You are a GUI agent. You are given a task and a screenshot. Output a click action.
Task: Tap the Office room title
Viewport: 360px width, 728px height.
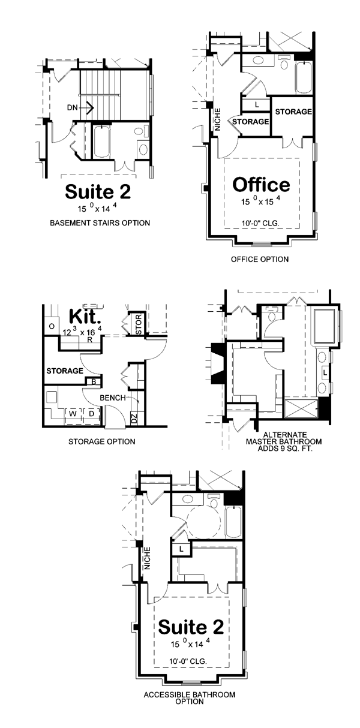[x=261, y=184]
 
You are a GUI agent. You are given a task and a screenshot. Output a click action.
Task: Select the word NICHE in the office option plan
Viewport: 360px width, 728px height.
[x=218, y=119]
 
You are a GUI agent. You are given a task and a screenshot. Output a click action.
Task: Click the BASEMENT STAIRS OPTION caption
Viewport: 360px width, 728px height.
[x=100, y=223]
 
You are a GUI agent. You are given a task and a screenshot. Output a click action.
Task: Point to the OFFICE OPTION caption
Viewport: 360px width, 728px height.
[x=260, y=259]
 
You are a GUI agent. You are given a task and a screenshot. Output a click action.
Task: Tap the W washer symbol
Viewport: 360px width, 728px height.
[x=73, y=414]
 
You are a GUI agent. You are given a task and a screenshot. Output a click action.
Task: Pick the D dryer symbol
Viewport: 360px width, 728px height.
[x=91, y=414]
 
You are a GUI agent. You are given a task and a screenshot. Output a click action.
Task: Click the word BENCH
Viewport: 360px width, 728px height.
[x=113, y=398]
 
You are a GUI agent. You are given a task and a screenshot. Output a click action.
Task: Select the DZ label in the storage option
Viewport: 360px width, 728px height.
[x=134, y=419]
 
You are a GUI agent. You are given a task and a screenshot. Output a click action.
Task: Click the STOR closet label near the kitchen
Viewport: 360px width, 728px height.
[x=138, y=324]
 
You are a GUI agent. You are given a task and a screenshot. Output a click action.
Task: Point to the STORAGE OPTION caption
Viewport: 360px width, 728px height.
[x=102, y=442]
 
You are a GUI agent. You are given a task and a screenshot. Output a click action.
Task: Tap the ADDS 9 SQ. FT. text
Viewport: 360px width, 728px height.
[x=284, y=449]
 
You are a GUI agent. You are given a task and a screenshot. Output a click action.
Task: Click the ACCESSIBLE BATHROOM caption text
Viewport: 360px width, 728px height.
[x=189, y=695]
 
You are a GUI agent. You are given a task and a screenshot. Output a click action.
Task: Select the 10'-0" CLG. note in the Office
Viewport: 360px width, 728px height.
[x=260, y=224]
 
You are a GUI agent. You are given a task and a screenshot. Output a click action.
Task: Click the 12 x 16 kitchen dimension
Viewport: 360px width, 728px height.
[x=82, y=332]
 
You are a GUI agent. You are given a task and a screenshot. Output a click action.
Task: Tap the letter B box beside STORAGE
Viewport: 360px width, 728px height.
[x=94, y=382]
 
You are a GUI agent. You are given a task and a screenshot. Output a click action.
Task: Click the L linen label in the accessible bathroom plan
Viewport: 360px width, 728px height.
[x=181, y=549]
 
